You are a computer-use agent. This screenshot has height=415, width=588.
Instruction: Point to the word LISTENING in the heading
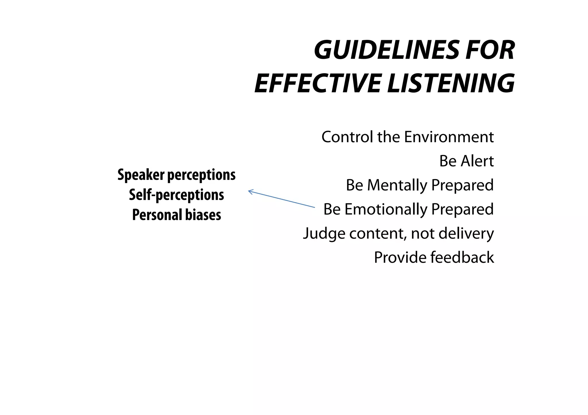pos(451,83)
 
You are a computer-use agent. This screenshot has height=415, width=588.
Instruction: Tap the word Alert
pos(477,161)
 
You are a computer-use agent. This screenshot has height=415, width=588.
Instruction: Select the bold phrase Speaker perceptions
pos(177,175)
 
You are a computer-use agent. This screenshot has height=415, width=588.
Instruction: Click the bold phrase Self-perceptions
pos(177,195)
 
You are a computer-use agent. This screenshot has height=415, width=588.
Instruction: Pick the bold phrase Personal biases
pos(177,215)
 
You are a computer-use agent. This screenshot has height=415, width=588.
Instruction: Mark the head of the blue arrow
pos(249,191)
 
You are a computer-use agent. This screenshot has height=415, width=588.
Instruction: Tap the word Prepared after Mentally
pos(463,185)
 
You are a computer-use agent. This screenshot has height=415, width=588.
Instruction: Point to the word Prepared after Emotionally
pos(463,209)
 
